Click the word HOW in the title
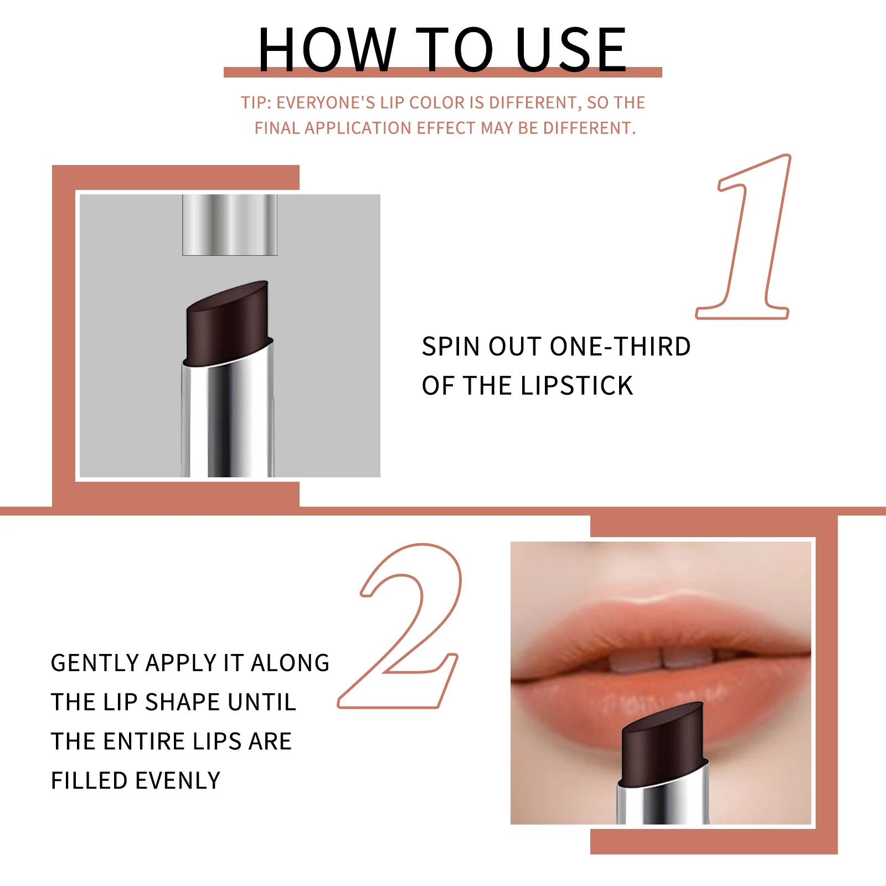point(327,50)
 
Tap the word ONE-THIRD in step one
point(620,347)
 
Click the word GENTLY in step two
point(95,663)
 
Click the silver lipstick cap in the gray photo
point(230,224)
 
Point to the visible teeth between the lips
point(662,659)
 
